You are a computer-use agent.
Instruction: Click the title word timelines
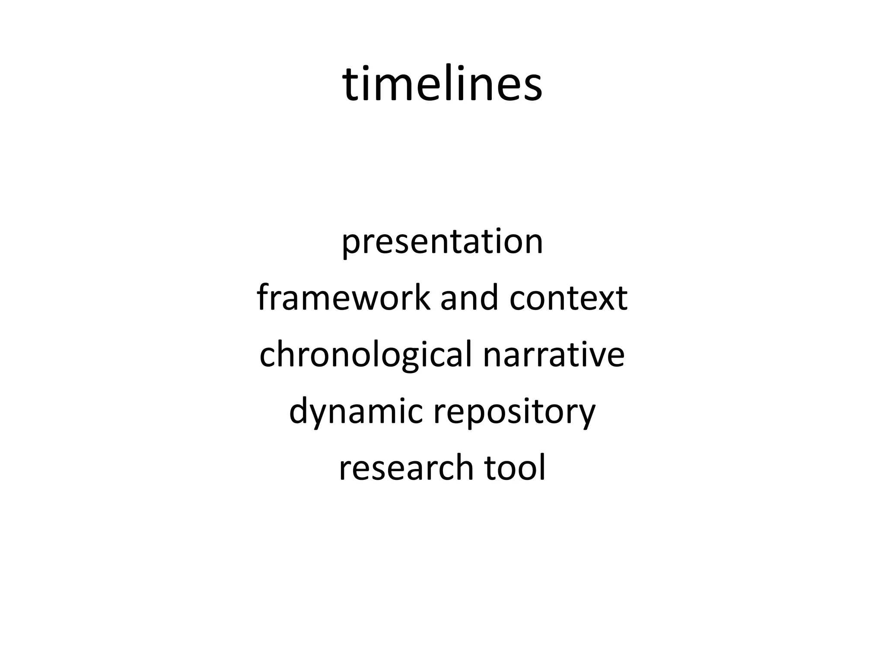442,84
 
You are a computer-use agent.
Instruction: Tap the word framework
344,298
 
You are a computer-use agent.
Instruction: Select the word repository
515,413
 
